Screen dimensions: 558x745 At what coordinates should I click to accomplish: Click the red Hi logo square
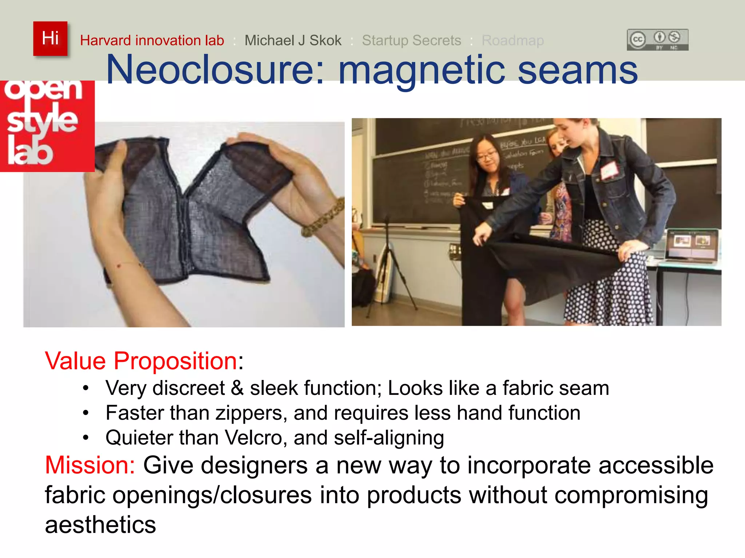coord(50,39)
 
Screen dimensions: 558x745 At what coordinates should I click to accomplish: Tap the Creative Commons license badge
coord(657,40)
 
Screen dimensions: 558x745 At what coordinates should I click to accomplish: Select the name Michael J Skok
coord(293,40)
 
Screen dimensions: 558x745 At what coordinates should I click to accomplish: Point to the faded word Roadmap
coord(513,40)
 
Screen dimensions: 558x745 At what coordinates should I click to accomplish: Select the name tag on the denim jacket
coord(609,169)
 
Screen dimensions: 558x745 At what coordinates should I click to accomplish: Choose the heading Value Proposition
coord(141,361)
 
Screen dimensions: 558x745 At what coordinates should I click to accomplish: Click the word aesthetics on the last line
coord(100,525)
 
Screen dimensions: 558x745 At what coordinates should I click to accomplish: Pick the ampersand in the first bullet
coord(237,388)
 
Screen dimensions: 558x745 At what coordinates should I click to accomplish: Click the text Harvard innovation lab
coord(152,40)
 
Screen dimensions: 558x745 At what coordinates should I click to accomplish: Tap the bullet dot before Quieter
coord(85,438)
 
